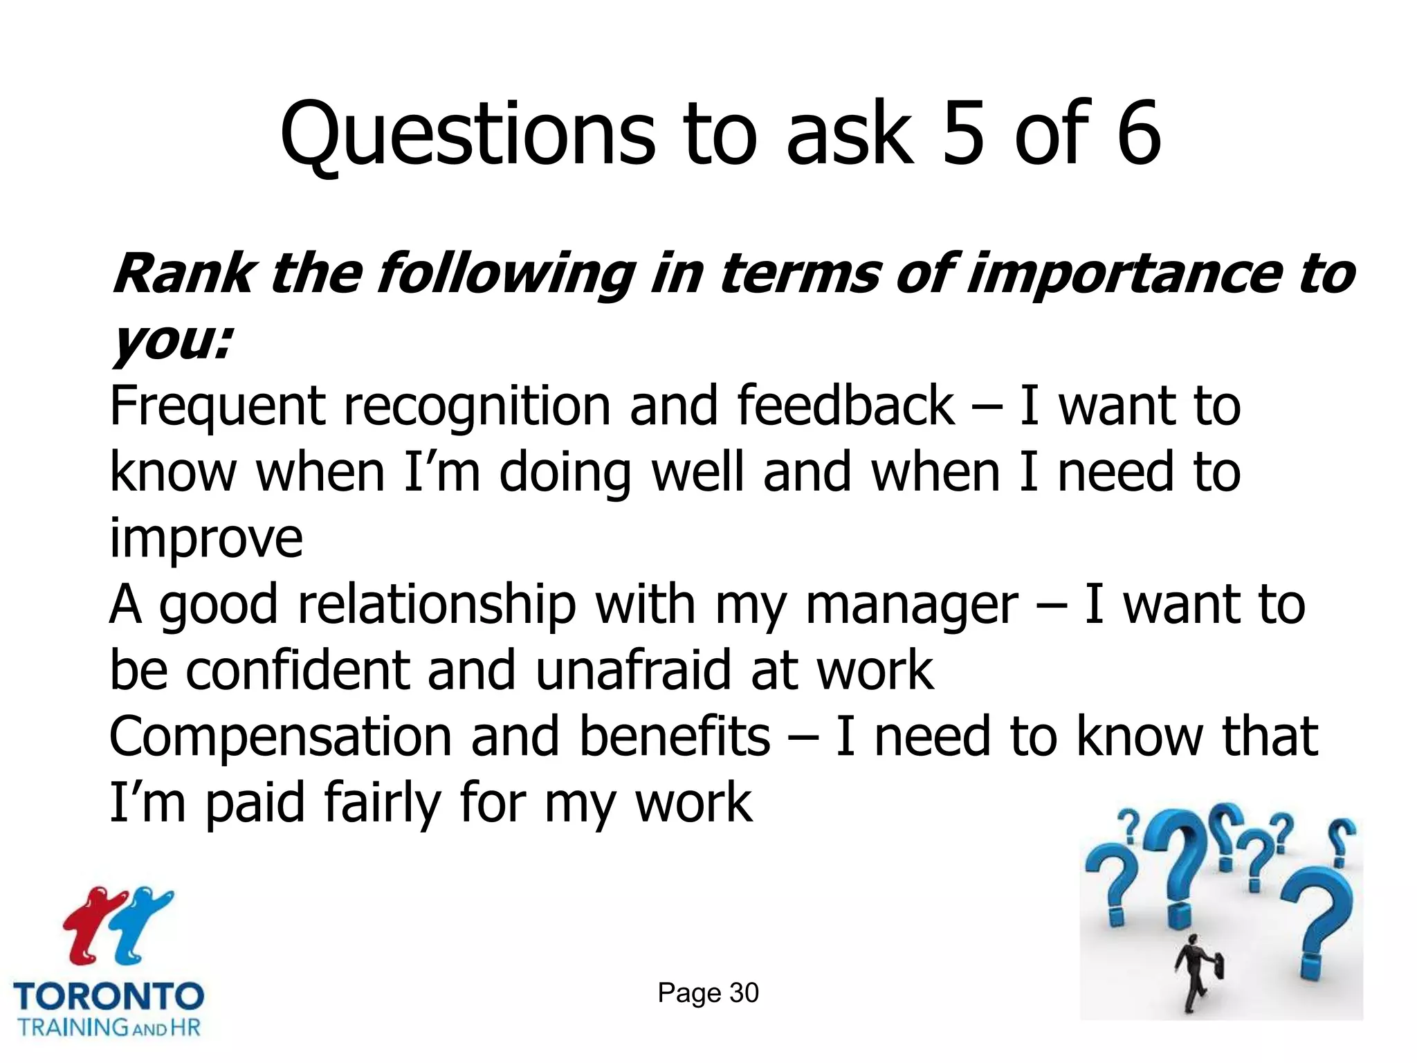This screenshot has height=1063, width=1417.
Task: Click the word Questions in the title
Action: coord(467,135)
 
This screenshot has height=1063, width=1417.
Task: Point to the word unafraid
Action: coord(632,670)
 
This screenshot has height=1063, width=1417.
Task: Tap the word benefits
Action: coord(674,736)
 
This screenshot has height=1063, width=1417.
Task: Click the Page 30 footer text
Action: coord(708,993)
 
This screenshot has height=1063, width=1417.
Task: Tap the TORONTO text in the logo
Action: coord(109,997)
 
